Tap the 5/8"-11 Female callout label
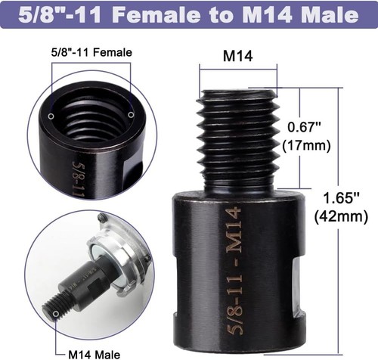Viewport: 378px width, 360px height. [91, 53]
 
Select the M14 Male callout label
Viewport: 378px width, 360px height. [95, 352]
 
